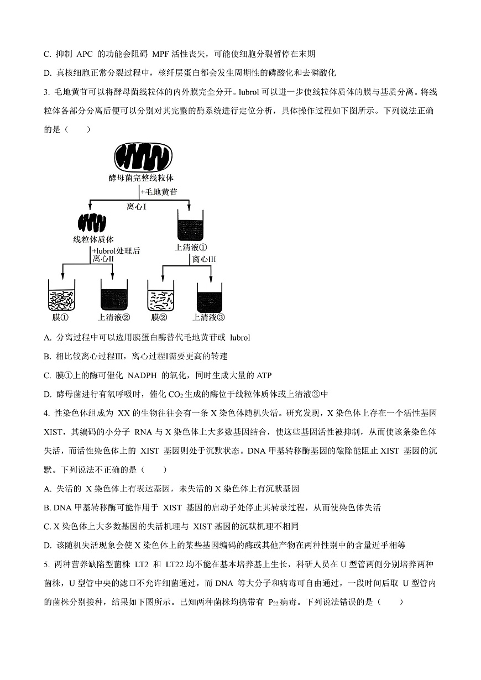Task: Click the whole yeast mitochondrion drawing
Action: coord(143,157)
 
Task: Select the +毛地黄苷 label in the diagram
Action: coord(159,192)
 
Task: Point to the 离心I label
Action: coord(137,206)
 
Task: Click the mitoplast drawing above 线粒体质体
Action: coord(93,223)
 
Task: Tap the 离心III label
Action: coord(204,259)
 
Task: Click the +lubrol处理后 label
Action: coord(116,250)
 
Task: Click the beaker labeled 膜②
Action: coord(160,295)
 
